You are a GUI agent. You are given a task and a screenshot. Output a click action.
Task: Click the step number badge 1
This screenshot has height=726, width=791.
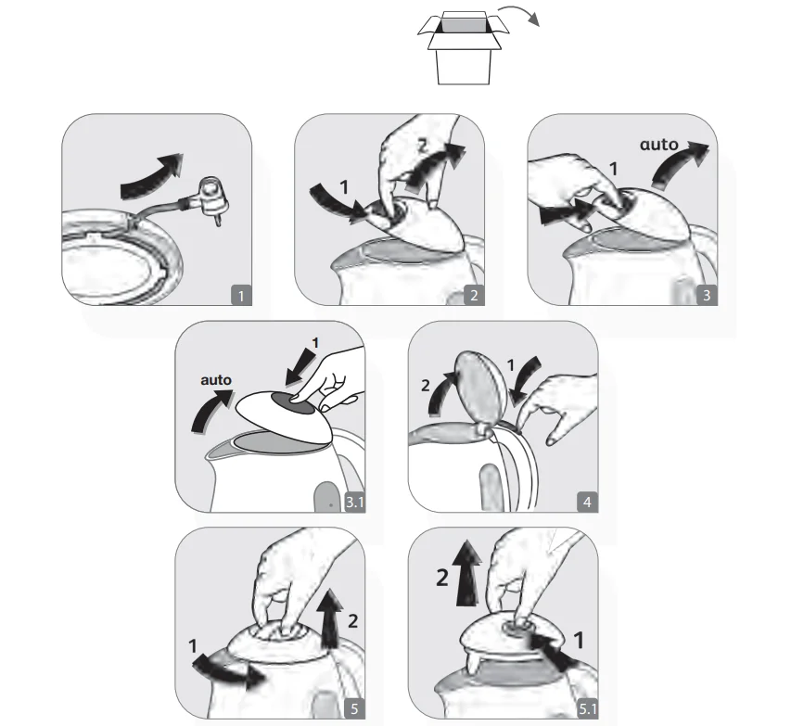pos(241,295)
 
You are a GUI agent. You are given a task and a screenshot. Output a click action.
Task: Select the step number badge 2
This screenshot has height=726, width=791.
pos(474,295)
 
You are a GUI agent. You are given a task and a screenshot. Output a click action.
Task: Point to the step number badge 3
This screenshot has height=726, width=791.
pos(707,295)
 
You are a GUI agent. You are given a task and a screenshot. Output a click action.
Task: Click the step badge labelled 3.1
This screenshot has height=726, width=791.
pos(354,502)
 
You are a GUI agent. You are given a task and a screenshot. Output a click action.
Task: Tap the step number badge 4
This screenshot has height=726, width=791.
pos(587,502)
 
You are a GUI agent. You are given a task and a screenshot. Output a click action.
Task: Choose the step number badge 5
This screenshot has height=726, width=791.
pos(354,708)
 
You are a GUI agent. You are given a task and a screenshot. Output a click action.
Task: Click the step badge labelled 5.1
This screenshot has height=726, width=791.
pos(587,708)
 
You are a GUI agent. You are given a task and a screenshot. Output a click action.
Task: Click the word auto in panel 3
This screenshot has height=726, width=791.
pos(658,145)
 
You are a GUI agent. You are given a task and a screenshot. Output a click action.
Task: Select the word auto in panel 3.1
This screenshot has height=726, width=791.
pos(216,379)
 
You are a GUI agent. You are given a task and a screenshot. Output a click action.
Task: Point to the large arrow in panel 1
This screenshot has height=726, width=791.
pos(151,175)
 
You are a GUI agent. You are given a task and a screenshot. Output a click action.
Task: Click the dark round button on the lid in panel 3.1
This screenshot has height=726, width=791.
pos(292,399)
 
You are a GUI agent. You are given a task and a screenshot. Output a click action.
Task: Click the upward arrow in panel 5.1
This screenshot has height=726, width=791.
pos(467,573)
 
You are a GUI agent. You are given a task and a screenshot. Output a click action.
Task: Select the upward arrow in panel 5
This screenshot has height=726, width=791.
pos(331,618)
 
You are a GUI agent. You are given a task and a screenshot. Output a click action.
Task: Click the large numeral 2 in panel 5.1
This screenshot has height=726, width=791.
pos(442,578)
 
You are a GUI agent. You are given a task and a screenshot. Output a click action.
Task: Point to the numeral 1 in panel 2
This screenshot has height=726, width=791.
pos(344,187)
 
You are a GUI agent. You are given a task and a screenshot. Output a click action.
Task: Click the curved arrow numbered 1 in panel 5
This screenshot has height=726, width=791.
pos(228,672)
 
